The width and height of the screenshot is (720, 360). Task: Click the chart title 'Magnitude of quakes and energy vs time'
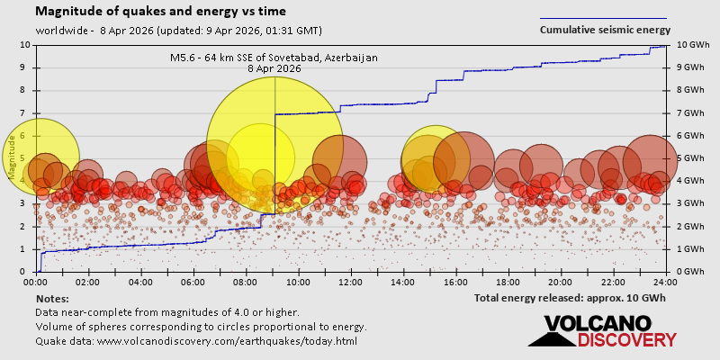point(161,12)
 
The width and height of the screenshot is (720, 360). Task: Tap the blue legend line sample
point(603,18)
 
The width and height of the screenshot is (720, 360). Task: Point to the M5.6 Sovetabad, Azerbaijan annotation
point(274,62)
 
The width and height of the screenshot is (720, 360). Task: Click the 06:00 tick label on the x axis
point(193,282)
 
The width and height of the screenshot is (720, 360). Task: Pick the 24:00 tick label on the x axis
point(665,282)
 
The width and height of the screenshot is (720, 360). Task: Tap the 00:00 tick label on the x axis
point(36,282)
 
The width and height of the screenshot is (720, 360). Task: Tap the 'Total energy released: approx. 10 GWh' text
point(570,298)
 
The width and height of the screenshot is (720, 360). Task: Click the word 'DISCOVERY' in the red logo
point(627,339)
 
